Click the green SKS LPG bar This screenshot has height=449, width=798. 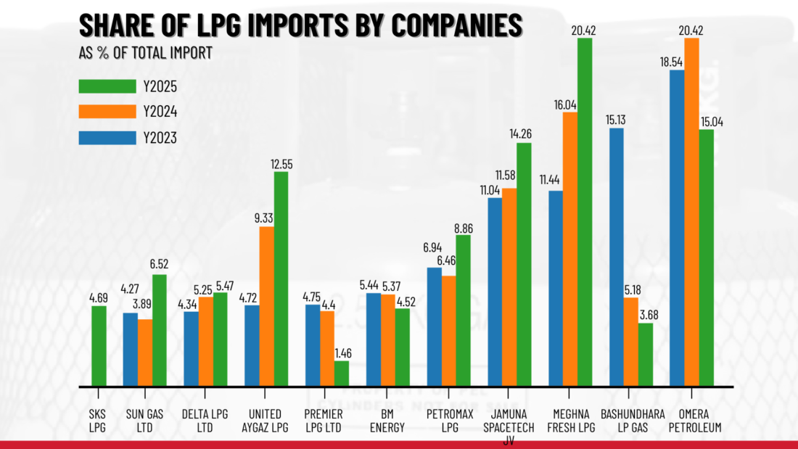tap(99, 346)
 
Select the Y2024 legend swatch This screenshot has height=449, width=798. tap(107, 111)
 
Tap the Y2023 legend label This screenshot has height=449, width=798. tap(160, 137)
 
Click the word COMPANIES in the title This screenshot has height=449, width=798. tap(450, 25)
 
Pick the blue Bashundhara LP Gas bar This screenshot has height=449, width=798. tap(616, 258)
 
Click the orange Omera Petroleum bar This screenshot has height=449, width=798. tap(691, 212)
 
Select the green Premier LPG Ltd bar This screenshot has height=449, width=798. tap(341, 374)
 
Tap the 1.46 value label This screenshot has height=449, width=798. tap(342, 354)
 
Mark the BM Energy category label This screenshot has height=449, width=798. tap(387, 420)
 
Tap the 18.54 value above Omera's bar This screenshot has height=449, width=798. tap(676, 62)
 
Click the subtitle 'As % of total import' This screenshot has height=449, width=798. tap(145, 53)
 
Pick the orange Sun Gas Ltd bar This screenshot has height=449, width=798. tap(144, 353)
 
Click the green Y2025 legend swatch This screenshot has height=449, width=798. tap(107, 86)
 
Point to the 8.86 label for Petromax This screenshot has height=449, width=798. tap(464, 228)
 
